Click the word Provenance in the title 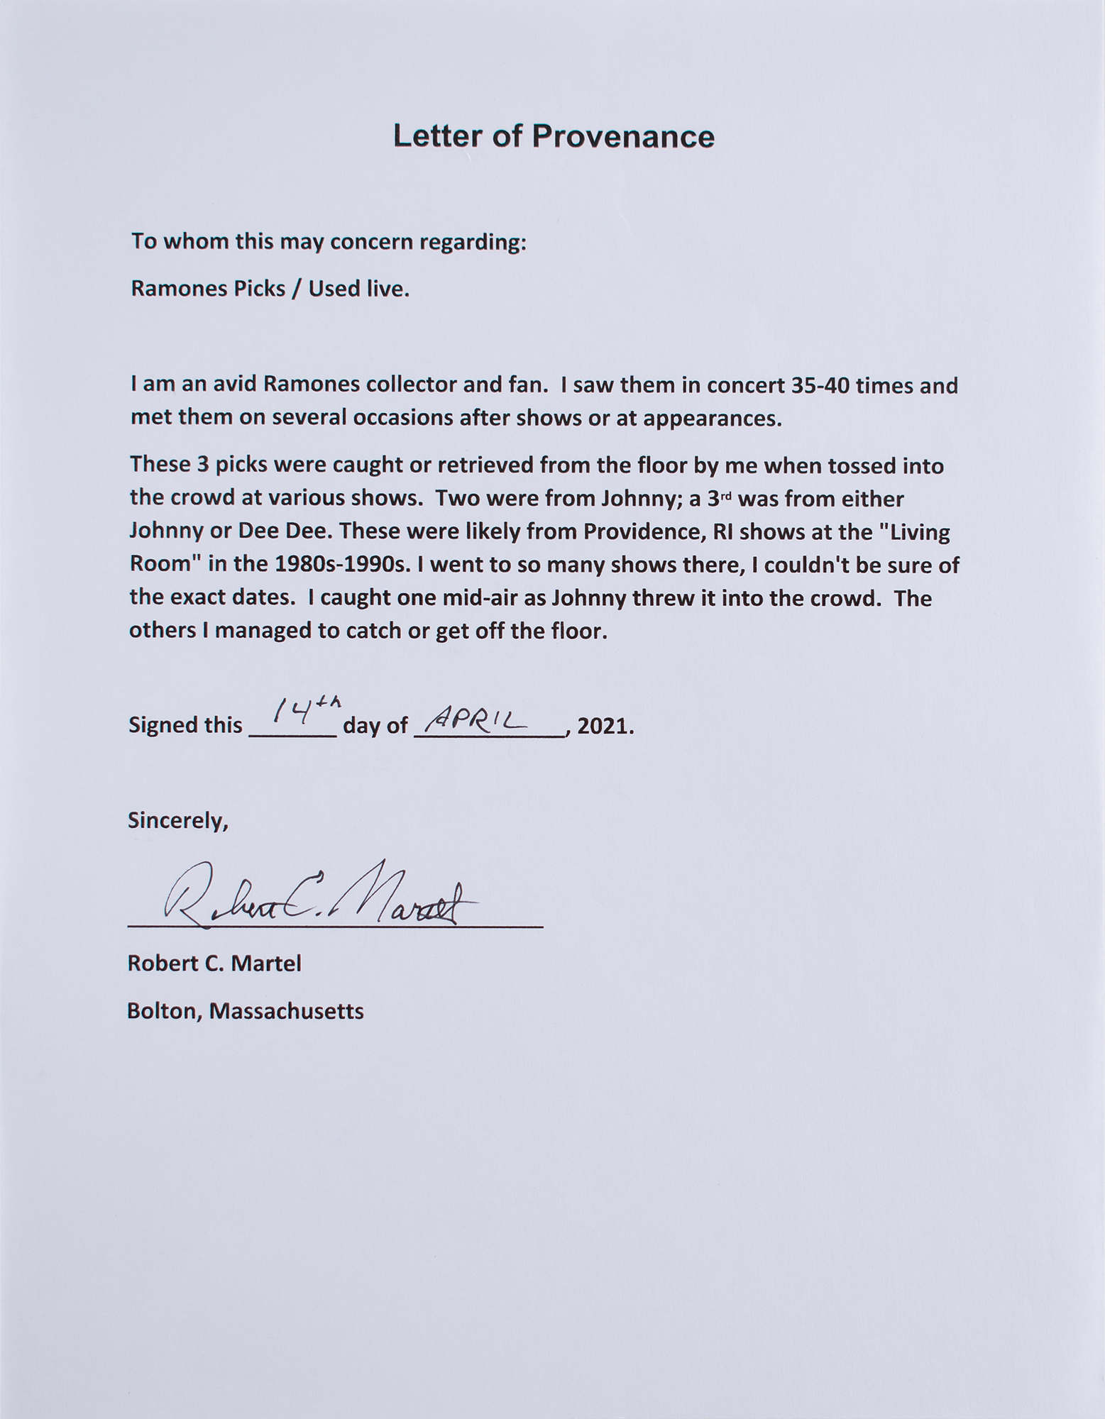pos(622,136)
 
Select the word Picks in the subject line pos(256,289)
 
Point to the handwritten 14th pos(297,710)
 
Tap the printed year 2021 pos(604,726)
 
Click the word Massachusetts pos(286,1010)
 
